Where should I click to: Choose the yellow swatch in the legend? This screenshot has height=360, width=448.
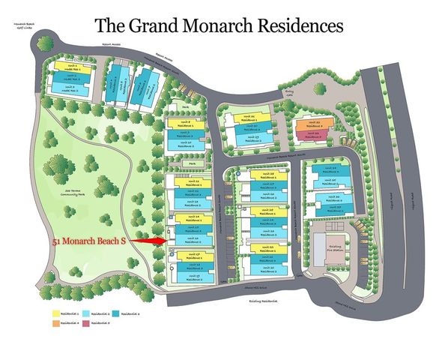point(55,312)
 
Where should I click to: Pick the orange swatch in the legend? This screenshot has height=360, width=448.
point(55,323)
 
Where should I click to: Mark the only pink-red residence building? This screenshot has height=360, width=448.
point(315,136)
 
